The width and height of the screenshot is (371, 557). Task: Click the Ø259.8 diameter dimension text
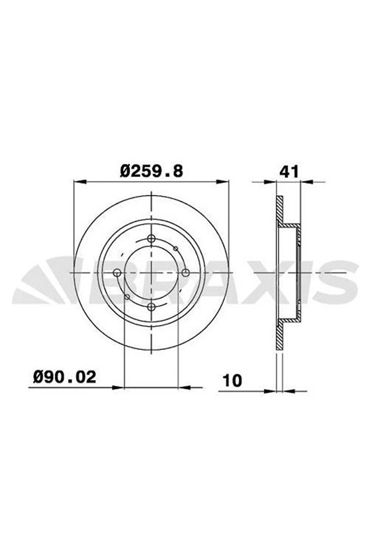coord(151,172)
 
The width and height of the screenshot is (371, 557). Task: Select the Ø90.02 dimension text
coord(64,377)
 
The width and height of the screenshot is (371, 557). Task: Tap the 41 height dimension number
coord(289,172)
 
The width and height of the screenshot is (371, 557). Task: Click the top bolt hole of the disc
coord(151,238)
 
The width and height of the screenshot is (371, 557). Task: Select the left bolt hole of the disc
coord(117,273)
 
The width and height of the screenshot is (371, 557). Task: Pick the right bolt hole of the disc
coord(185,273)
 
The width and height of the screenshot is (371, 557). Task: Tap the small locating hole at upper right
coord(176,249)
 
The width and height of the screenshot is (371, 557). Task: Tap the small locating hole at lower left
coord(127,296)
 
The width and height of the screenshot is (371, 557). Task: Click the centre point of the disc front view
coord(151,273)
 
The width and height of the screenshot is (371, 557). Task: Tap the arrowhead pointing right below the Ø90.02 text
coord(118,387)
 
